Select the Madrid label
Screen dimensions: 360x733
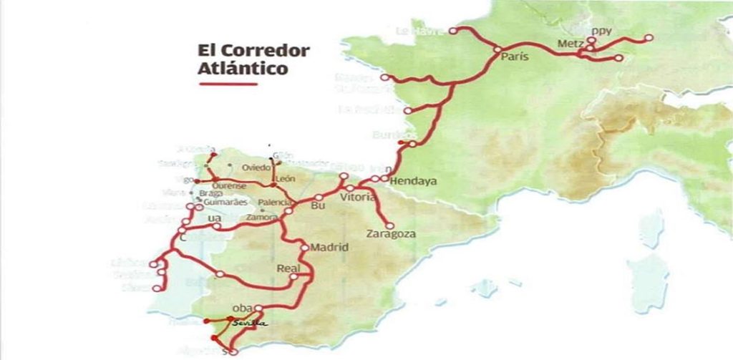[x=329, y=248]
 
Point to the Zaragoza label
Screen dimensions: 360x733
[x=390, y=234]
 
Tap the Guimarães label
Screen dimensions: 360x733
[x=220, y=203]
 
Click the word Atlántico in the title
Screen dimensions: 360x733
[x=243, y=69]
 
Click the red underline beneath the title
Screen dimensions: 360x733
[x=228, y=84]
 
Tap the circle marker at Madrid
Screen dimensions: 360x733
[x=305, y=248]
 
